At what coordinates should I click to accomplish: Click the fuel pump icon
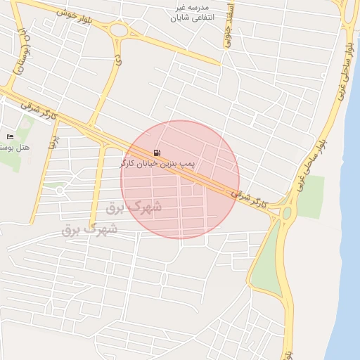coord(155,153)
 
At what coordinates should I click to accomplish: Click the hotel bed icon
coord(9,136)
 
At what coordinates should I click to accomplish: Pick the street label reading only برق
coord(52,143)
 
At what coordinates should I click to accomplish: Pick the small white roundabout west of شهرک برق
coord(60,190)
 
